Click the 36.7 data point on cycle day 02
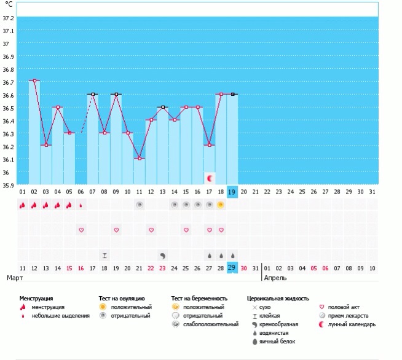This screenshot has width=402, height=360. click(x=34, y=80)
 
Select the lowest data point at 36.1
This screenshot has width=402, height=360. click(x=140, y=158)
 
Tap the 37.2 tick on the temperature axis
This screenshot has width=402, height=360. click(x=8, y=18)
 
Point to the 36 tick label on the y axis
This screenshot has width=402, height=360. click(x=6, y=173)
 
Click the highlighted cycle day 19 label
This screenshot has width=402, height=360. click(x=232, y=192)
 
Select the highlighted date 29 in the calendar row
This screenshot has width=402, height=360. click(x=232, y=268)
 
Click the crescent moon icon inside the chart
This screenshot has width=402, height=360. click(x=210, y=178)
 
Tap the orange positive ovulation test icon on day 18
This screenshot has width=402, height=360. click(x=221, y=205)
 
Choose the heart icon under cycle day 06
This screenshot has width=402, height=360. click(x=81, y=230)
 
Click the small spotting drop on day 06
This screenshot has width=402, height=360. click(x=81, y=205)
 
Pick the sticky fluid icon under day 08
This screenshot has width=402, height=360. click(x=104, y=256)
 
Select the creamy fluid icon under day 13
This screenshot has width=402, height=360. click(x=162, y=256)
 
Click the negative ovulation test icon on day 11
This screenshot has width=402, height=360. click(x=140, y=205)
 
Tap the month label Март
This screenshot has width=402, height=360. click(x=15, y=278)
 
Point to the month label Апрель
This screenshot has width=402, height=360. click(x=275, y=278)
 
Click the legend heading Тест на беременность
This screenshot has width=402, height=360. click(x=199, y=299)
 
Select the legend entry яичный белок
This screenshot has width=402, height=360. click(x=277, y=342)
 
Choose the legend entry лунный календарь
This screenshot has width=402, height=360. click(x=352, y=324)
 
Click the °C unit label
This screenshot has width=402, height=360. click(x=9, y=4)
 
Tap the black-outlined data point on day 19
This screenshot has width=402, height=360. click(x=233, y=94)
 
